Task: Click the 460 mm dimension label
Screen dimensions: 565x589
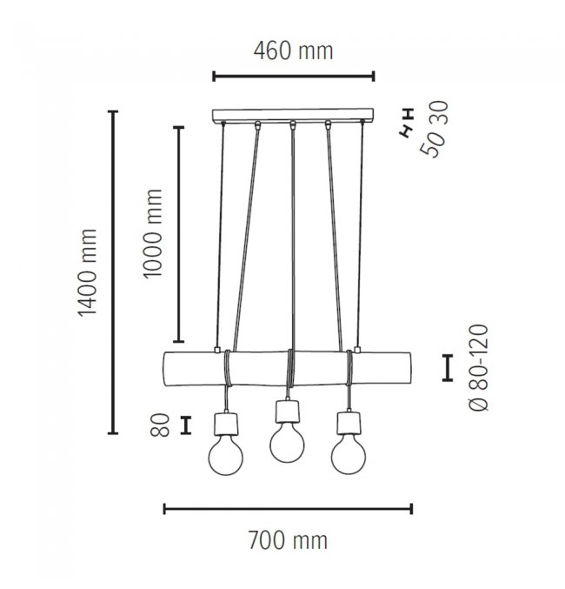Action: tap(293, 51)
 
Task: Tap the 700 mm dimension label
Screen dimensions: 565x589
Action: tap(288, 540)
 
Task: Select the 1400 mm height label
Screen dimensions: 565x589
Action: tap(88, 272)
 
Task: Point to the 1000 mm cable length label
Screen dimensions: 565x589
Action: tap(153, 233)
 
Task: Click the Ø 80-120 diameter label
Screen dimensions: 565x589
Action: tap(480, 368)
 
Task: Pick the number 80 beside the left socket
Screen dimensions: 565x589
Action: tap(160, 425)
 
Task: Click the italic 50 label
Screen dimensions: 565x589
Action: tap(432, 144)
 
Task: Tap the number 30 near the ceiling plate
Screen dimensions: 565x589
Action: tap(438, 113)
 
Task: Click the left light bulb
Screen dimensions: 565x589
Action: tap(226, 455)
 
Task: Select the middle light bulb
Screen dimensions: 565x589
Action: tap(287, 443)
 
